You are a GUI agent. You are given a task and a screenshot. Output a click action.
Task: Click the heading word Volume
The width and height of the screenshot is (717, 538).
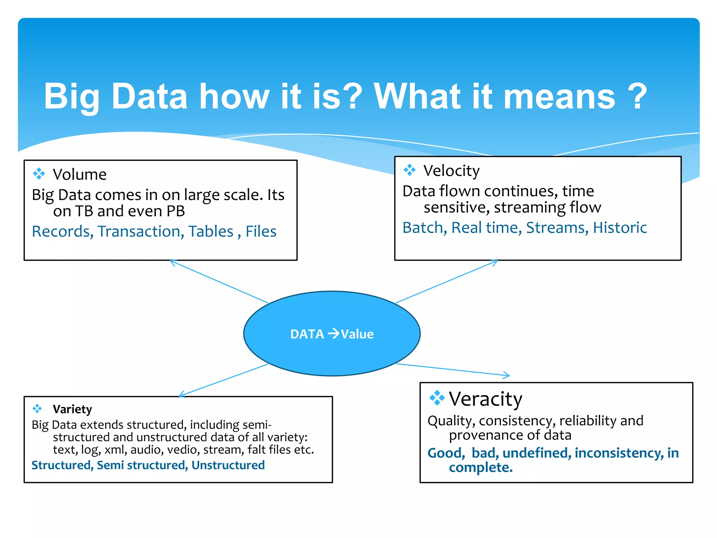(x=79, y=174)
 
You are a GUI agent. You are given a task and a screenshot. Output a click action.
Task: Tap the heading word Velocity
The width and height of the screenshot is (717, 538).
(x=451, y=171)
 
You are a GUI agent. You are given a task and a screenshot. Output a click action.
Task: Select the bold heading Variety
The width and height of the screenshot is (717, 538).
(x=72, y=409)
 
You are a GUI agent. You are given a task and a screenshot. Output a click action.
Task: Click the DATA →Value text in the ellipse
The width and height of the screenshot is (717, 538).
(x=332, y=334)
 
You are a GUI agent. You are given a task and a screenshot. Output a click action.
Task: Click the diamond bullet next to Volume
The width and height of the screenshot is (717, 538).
(x=39, y=173)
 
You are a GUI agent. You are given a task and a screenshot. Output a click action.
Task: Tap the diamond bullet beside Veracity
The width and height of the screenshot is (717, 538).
(x=437, y=398)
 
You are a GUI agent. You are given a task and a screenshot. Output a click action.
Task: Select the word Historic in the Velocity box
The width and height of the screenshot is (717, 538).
(x=620, y=228)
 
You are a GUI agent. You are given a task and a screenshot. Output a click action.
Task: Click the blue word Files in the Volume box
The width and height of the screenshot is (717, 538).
(x=261, y=232)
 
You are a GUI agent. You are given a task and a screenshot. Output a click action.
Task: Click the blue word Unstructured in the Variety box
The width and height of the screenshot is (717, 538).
(x=228, y=465)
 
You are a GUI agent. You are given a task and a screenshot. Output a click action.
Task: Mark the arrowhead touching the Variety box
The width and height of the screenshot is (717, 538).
(x=181, y=395)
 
